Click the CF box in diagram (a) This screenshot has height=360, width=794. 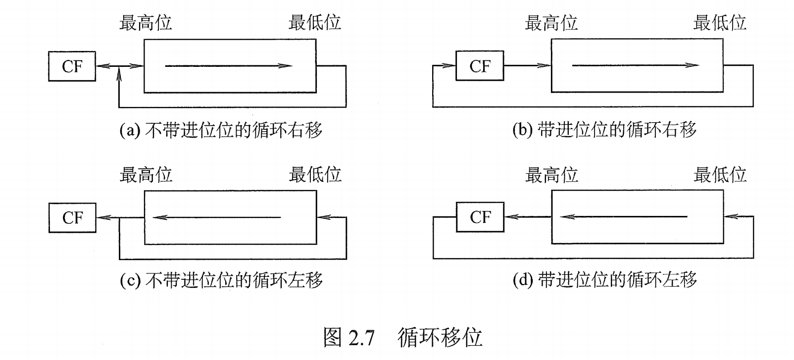(x=72, y=66)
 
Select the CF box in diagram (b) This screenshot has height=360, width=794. (x=479, y=66)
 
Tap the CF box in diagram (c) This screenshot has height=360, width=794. (x=72, y=218)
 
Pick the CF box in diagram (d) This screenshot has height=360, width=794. (x=480, y=217)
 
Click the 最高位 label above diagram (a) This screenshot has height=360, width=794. (x=146, y=23)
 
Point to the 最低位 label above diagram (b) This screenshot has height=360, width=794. (x=719, y=23)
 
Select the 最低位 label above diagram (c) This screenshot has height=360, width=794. (x=315, y=174)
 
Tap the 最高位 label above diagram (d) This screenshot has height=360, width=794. (x=551, y=175)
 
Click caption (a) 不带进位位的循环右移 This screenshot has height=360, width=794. (x=221, y=130)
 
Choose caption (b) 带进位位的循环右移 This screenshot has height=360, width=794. (x=604, y=130)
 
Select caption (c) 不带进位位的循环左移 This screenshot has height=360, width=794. (x=221, y=281)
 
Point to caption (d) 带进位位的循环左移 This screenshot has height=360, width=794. (x=604, y=280)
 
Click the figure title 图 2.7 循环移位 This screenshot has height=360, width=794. (x=402, y=337)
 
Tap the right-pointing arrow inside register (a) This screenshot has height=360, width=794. (x=228, y=66)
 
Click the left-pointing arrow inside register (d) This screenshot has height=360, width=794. (x=624, y=216)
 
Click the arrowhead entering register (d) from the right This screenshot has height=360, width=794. (x=731, y=216)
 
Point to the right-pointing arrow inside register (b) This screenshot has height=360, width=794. (x=636, y=65)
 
